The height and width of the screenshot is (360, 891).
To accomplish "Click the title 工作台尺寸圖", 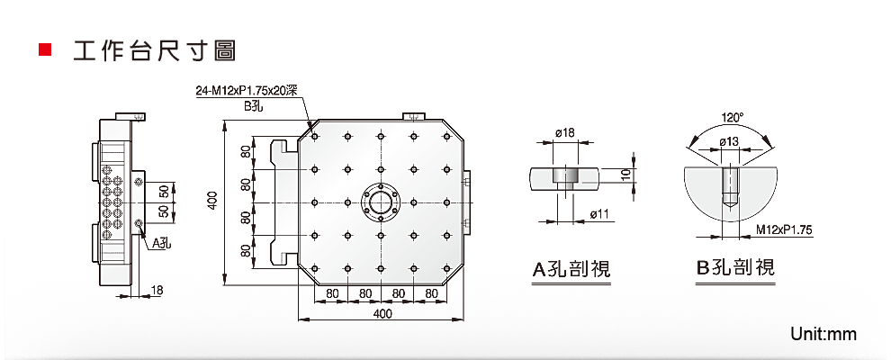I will click(x=154, y=49).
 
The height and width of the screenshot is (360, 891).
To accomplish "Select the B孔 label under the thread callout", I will click(x=256, y=106).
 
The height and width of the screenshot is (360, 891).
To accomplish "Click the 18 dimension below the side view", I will click(x=157, y=289).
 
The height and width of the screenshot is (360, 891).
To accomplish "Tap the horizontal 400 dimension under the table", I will click(x=382, y=314).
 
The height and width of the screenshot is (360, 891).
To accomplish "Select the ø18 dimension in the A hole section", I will click(x=564, y=133).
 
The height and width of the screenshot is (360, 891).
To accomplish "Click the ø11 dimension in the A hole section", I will click(x=599, y=213).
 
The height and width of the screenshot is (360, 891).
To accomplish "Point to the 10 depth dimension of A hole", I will click(x=627, y=174).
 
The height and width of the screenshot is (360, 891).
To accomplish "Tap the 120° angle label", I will click(x=732, y=118).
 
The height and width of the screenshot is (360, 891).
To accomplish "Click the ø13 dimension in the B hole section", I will click(x=729, y=141).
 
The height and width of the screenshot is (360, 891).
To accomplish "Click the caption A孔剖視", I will click(x=571, y=268).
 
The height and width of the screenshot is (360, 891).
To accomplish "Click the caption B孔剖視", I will click(x=735, y=267).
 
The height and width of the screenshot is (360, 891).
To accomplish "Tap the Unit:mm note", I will click(x=823, y=335).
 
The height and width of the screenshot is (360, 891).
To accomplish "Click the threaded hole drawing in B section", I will click(x=730, y=184).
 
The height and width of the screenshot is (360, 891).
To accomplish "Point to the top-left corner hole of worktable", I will click(x=315, y=136).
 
